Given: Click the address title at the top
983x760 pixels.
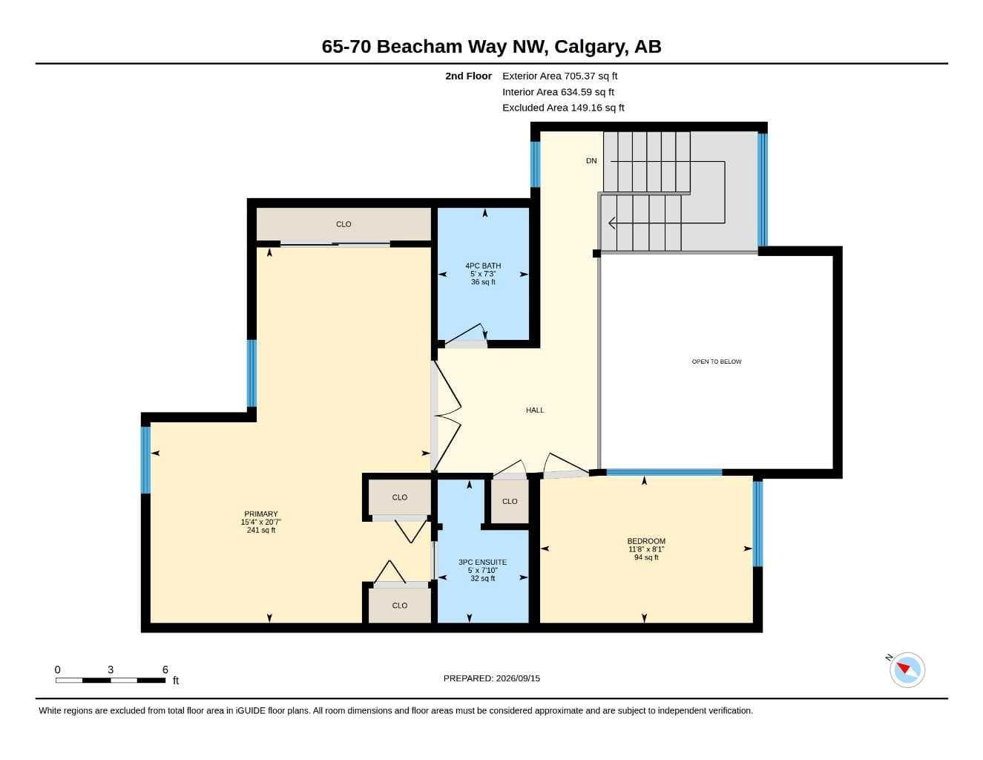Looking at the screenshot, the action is point(491,47).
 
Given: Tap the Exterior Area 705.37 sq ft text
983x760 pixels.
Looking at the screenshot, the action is point(559,76).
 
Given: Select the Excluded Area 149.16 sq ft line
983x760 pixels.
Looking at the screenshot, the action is point(563,108).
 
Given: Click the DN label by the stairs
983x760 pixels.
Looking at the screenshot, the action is point(591,160).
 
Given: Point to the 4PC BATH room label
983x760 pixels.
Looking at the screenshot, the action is point(483,274).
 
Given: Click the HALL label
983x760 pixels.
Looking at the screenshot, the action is point(535,410).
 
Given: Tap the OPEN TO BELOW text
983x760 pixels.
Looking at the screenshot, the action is point(717,361).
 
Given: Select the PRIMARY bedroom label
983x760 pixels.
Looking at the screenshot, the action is point(261,522).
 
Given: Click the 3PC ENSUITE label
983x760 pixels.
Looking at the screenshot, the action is point(483,570).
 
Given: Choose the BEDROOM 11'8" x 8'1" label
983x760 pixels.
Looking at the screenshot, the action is point(646,549).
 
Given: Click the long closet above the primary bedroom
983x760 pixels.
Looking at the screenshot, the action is point(343,224).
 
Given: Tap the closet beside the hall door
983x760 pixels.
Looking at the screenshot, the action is point(510,501).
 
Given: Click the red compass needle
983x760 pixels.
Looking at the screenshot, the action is point(903,668).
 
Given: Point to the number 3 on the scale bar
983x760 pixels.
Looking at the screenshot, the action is point(111,669).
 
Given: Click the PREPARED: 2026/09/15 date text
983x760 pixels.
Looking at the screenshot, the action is point(492,678).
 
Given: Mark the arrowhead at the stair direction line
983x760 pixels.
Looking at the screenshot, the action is point(612,223).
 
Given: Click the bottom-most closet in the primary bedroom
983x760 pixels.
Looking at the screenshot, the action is point(399,606).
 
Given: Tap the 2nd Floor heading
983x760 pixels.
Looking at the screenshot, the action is point(468,76).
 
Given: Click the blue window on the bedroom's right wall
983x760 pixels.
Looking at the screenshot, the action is point(757,523).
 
